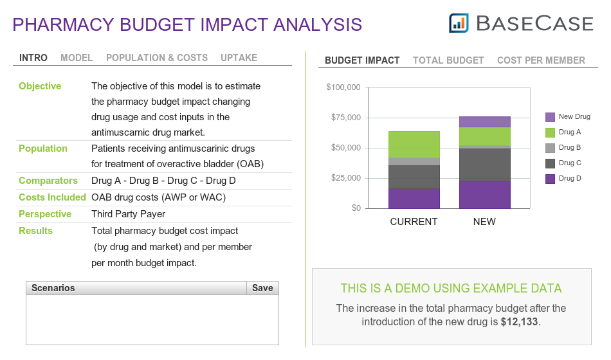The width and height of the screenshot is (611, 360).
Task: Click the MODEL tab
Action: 77,58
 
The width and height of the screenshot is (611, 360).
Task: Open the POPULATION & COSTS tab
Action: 157,58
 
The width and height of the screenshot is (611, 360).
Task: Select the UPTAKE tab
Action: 239,58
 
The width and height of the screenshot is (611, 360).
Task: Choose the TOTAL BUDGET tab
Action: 448,60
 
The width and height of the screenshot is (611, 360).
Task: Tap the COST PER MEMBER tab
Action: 541,60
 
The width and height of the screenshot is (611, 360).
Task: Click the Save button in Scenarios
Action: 262,288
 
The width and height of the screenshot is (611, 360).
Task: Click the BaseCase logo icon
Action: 459,23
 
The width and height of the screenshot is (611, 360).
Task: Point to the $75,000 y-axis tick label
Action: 346,117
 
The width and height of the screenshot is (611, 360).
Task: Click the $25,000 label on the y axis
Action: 346,178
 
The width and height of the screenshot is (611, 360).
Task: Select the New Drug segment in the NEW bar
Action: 485,122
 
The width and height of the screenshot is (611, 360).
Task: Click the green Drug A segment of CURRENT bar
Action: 414,145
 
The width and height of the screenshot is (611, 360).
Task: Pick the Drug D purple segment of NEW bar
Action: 485,194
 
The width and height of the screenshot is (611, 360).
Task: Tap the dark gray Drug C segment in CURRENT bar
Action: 414,177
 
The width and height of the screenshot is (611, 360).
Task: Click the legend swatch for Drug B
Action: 550,148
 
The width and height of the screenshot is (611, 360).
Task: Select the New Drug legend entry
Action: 568,117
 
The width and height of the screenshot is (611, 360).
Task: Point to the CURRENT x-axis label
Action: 414,222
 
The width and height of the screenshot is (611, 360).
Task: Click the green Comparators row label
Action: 48,181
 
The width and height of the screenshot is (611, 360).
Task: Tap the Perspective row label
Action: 45,214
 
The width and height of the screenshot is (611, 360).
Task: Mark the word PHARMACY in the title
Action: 64,24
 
